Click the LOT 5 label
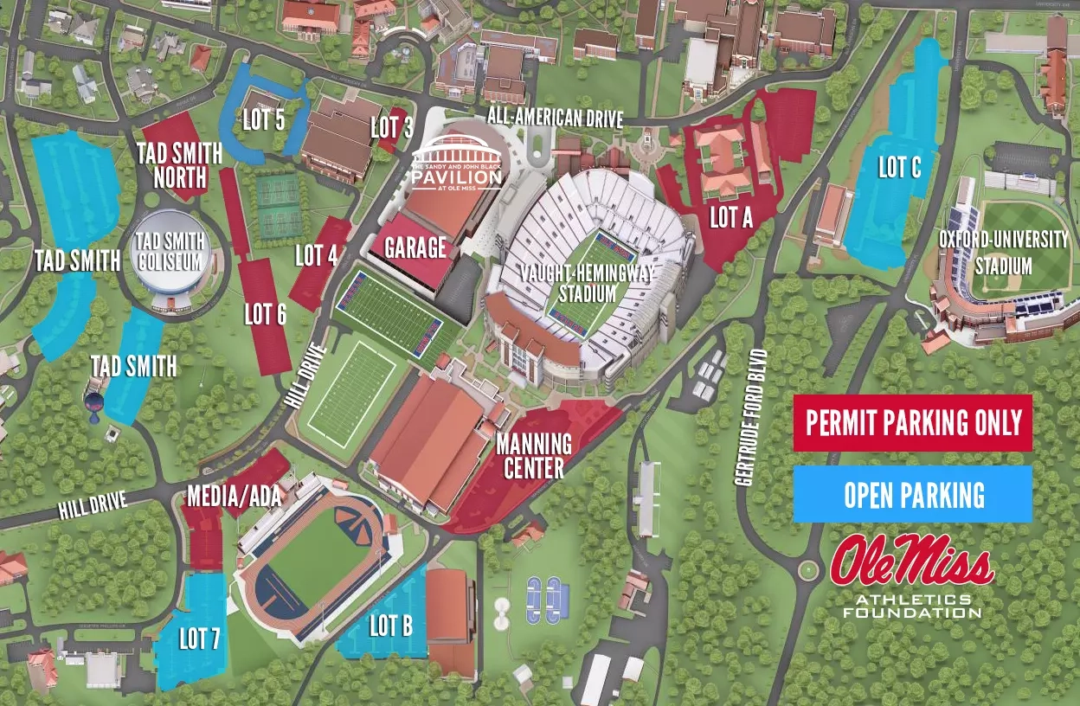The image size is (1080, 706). coord(263,119)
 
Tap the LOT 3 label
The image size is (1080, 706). coord(391,128)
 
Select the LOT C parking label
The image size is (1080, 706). coord(899,167)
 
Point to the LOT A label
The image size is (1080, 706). coord(731,218)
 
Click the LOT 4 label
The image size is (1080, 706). coord(316,255)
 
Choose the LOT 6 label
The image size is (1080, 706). coord(265,314)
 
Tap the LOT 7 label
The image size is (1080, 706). coord(199,639)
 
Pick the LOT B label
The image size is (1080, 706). coord(390,626)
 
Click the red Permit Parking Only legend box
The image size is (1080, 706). coord(912,423)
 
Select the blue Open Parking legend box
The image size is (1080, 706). coord(912,494)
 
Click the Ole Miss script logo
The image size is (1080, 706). coord(911,562)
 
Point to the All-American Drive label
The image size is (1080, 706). coord(555,118)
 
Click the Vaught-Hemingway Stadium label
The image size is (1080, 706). coord(587,282)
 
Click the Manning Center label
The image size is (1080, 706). coord(533,456)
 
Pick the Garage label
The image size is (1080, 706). coord(415,248)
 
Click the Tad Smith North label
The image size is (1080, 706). coord(180,165)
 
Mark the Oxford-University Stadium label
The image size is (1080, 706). coord(1004,252)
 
